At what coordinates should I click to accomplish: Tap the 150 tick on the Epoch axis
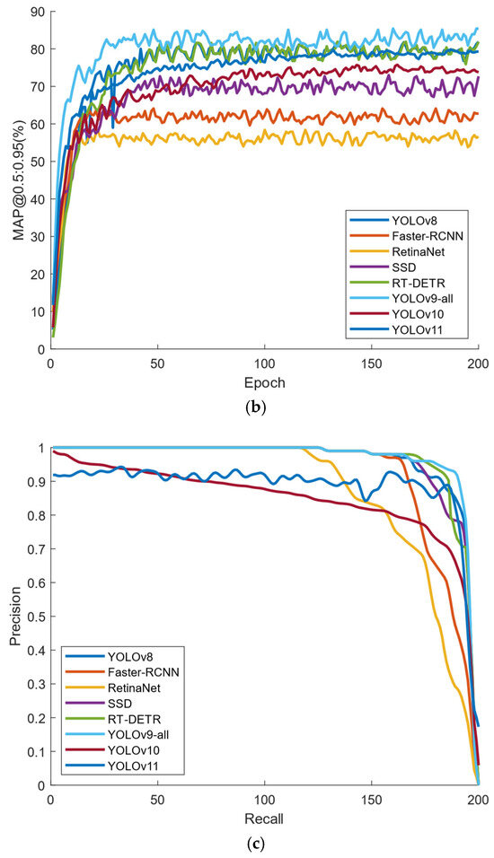(x=371, y=365)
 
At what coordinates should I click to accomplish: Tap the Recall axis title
(x=264, y=819)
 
